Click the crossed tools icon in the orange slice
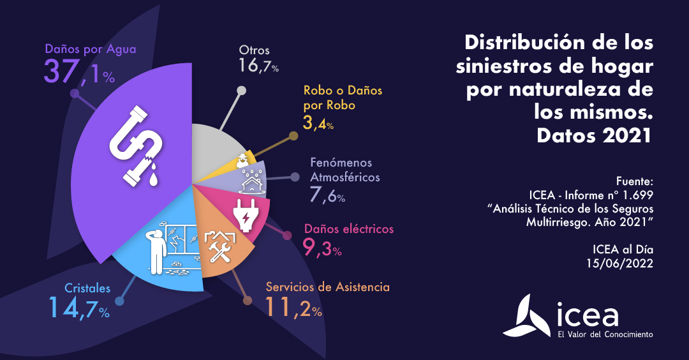[x=219, y=246]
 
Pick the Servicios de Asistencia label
[x=327, y=287]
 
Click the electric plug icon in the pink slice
[x=245, y=215]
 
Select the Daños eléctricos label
[x=349, y=229]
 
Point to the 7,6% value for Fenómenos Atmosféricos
[x=327, y=194]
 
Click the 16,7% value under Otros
[x=258, y=65]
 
